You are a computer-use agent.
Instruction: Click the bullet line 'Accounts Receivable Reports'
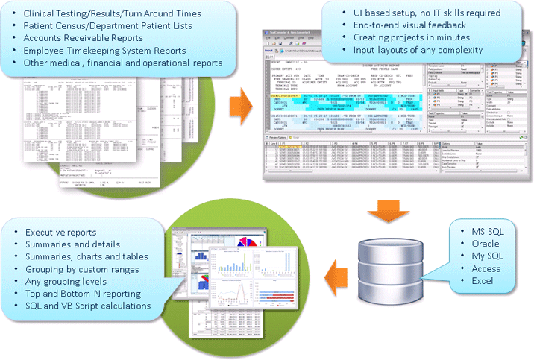(82, 38)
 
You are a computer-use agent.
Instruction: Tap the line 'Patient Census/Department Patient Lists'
(107, 26)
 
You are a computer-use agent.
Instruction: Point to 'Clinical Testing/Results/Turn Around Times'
(113, 14)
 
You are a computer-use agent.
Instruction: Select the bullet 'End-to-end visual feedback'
(407, 26)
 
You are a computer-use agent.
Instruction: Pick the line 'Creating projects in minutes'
(409, 38)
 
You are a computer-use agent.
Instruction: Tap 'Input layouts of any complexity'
(415, 50)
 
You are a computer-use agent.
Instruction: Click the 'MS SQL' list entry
(488, 232)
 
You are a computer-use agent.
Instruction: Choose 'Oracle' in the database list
(486, 244)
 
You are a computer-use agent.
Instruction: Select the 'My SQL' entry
(487, 256)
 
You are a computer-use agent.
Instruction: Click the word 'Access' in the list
(486, 268)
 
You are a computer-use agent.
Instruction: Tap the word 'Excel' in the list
(483, 280)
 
